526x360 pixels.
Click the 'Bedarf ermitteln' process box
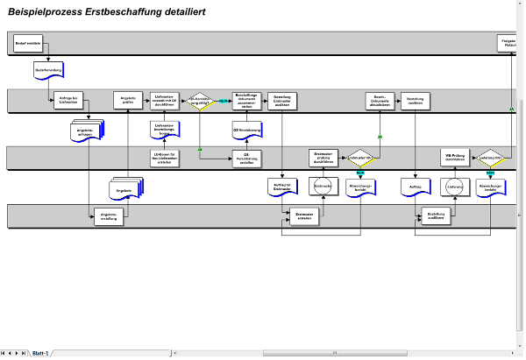pyautogui.click(x=29, y=43)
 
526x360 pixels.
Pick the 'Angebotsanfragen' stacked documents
pyautogui.click(x=87, y=131)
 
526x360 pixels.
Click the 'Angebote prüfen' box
pyautogui.click(x=128, y=101)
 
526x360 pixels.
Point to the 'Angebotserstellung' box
pyautogui.click(x=110, y=217)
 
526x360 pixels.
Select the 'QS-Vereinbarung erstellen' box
pyautogui.click(x=247, y=158)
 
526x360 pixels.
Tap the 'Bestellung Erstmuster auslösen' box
pyautogui.click(x=282, y=101)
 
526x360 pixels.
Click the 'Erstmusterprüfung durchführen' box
pyautogui.click(x=325, y=158)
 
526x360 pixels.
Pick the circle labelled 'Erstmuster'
pyautogui.click(x=323, y=187)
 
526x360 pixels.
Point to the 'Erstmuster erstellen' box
pyautogui.click(x=305, y=216)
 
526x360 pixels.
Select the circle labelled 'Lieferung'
pyautogui.click(x=454, y=187)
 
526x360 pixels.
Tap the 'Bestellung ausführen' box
pyautogui.click(x=435, y=216)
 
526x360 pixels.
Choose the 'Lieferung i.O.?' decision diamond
pyautogui.click(x=490, y=158)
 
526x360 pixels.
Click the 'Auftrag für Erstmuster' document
pyautogui.click(x=281, y=187)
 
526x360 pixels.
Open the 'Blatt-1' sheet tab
pyautogui.click(x=40, y=354)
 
